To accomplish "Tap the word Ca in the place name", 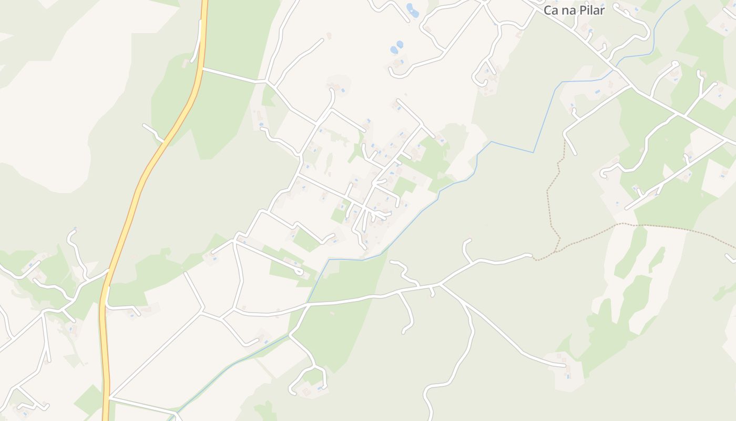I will point(550,10).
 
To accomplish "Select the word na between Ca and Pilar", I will point(567,11).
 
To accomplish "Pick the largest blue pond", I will point(413,10).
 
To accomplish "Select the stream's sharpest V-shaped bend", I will point(534,153).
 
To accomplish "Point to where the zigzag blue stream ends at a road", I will point(308,302).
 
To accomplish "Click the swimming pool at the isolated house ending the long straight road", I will point(568,376).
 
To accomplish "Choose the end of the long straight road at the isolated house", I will point(565,365).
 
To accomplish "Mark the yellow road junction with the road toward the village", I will point(202,68).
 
